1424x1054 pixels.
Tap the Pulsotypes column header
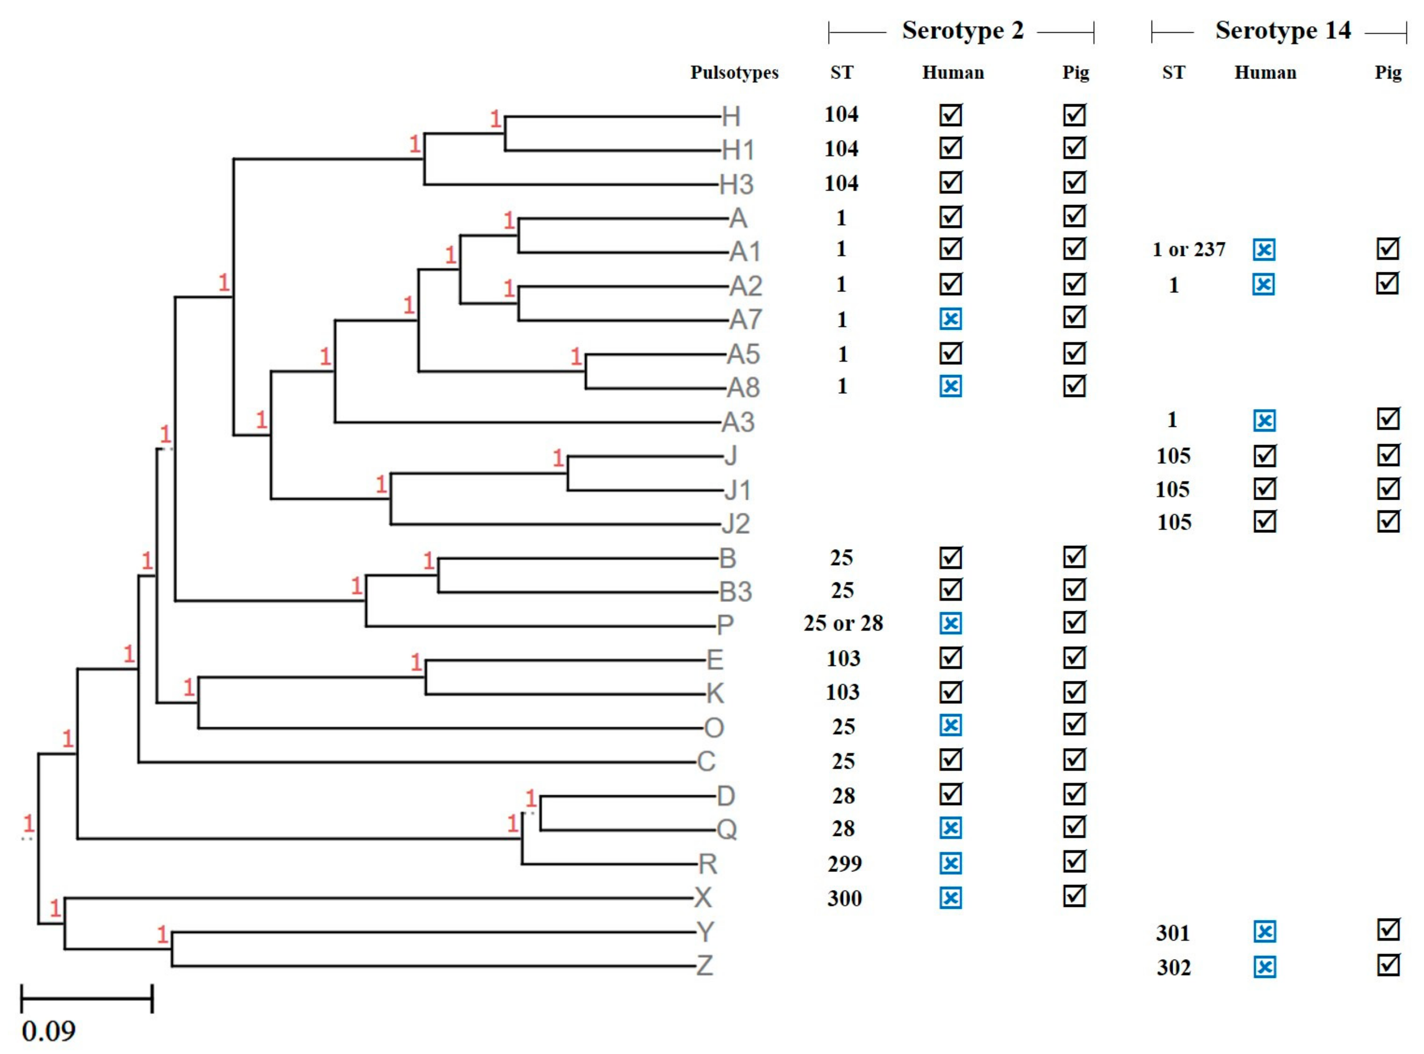point(734,73)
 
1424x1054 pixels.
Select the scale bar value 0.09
point(49,1031)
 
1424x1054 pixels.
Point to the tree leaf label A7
point(745,320)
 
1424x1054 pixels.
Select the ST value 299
point(845,864)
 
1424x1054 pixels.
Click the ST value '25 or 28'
point(843,623)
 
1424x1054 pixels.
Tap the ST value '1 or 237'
point(1188,249)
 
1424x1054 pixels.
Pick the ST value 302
point(1173,968)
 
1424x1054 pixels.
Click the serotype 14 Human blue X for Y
point(1264,932)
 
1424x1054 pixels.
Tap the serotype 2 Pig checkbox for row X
point(1074,896)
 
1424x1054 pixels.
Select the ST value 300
point(845,898)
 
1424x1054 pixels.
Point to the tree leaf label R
point(708,865)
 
